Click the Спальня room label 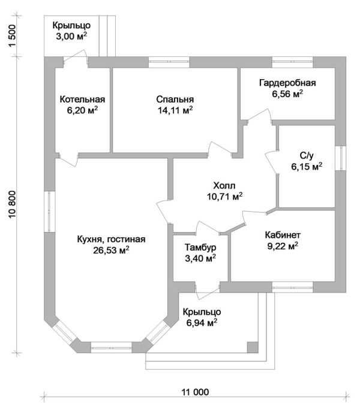175,100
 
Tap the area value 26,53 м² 111,250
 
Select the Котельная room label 82,100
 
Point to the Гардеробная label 287,83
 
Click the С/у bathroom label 307,156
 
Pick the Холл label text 224,186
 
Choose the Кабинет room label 283,235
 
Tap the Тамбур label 200,247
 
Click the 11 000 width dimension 196,392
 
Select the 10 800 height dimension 13,204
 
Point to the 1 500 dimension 13,36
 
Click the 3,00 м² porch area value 71,36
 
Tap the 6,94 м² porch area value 202,322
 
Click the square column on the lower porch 253,347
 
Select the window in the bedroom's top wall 169,62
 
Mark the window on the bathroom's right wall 341,158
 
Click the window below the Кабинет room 292,287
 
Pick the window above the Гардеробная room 292,62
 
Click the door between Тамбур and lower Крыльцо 208,291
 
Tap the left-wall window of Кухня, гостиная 49,212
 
